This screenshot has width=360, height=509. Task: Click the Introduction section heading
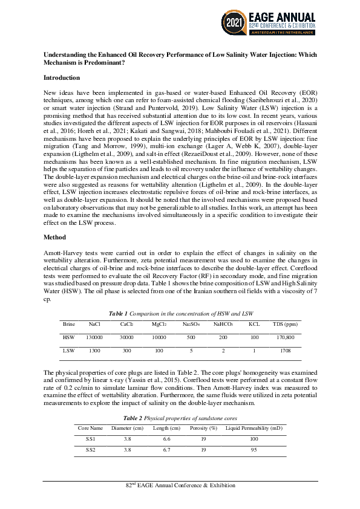pyautogui.click(x=62, y=78)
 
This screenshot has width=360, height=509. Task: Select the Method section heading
pyautogui.click(x=56, y=238)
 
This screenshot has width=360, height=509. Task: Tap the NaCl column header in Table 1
pyautogui.click(x=94, y=324)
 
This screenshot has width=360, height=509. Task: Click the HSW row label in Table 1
pyautogui.click(x=68, y=337)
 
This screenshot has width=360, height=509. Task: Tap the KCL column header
pyautogui.click(x=254, y=324)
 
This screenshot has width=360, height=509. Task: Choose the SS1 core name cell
pyautogui.click(x=90, y=438)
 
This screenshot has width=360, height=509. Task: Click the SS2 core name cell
pyautogui.click(x=90, y=450)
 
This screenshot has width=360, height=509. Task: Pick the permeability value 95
pyautogui.click(x=254, y=450)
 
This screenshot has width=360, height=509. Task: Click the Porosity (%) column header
pyautogui.click(x=204, y=427)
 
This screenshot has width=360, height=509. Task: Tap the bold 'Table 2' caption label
pyautogui.click(x=134, y=418)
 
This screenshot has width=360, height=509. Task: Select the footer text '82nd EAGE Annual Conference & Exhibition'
pyautogui.click(x=180, y=485)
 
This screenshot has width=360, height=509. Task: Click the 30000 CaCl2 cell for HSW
pyautogui.click(x=126, y=337)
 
